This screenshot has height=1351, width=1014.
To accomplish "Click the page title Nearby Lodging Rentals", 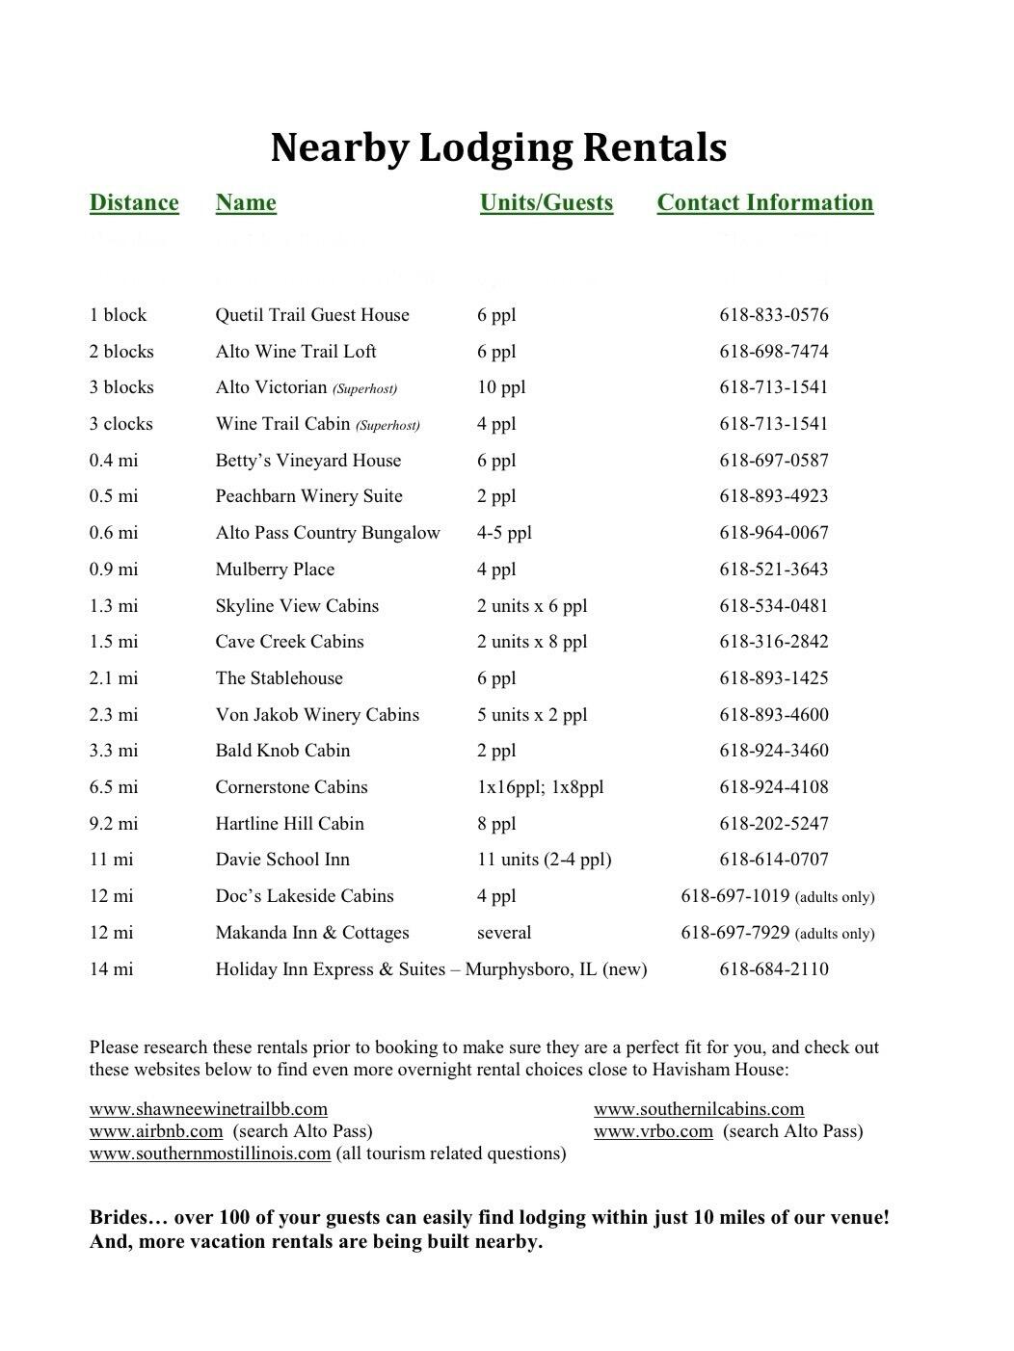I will [x=498, y=147].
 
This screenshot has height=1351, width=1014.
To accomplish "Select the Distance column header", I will [x=134, y=202].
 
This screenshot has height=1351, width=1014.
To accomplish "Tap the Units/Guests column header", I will [x=546, y=202].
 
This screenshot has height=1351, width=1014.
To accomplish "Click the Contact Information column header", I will [x=764, y=202].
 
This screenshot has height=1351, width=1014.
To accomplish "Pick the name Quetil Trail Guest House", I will [x=312, y=315].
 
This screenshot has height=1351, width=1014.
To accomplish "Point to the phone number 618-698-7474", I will [x=773, y=352].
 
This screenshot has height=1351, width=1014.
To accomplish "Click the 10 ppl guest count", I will [x=501, y=387].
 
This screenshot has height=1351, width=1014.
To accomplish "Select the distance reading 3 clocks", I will [x=120, y=424].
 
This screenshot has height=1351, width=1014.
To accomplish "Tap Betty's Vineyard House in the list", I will [x=307, y=461].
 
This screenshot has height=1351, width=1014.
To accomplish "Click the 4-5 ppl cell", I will [x=504, y=533].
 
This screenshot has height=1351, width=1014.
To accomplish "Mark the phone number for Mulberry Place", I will [x=773, y=570].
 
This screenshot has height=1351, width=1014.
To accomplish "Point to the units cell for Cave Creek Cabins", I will [x=531, y=642].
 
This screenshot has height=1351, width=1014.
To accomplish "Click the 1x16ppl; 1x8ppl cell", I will [x=540, y=787].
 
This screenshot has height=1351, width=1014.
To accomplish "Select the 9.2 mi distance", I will [x=114, y=824].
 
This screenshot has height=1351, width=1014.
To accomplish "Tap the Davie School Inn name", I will [x=282, y=860].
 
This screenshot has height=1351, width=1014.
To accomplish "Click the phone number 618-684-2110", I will [x=773, y=969].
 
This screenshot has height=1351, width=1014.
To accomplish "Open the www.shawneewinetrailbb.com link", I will [x=208, y=1109].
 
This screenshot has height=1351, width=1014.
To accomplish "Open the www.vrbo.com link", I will [x=653, y=1131].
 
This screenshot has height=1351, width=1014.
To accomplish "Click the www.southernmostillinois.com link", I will [x=210, y=1153].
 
